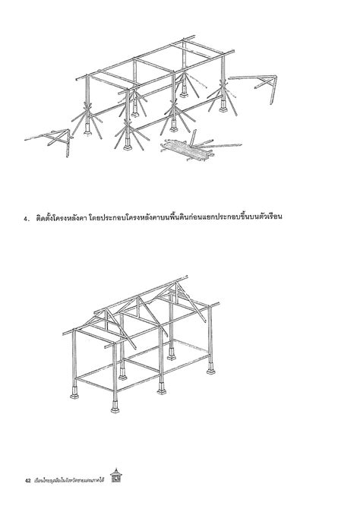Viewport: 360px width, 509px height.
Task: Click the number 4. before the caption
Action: [26, 220]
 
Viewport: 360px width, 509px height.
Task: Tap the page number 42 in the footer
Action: [27, 480]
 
